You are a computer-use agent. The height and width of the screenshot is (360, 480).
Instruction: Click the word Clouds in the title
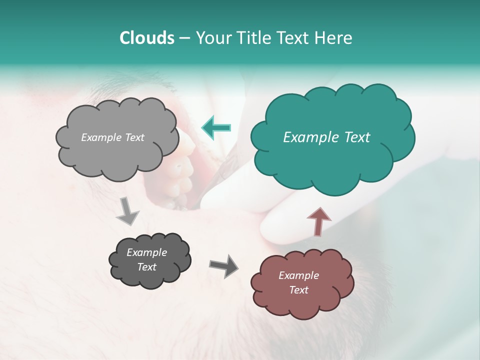pyautogui.click(x=147, y=38)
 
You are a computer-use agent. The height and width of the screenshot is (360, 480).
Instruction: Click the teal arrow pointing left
pyautogui.click(x=216, y=127)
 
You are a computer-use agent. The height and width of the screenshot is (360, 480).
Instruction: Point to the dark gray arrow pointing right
pyautogui.click(x=223, y=265)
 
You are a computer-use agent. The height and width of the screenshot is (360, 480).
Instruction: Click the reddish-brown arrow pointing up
pyautogui.click(x=318, y=221)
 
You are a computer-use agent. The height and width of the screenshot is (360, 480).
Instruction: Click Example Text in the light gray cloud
pyautogui.click(x=112, y=137)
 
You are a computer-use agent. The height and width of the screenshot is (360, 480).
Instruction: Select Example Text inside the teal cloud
pyautogui.click(x=326, y=137)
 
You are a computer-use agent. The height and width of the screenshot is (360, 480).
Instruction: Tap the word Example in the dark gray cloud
pyautogui.click(x=146, y=252)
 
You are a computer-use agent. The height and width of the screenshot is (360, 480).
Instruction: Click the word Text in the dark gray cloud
pyautogui.click(x=146, y=267)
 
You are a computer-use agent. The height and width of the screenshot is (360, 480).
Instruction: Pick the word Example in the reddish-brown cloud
pyautogui.click(x=298, y=275)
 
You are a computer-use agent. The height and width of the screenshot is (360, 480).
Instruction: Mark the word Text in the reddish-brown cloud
pyautogui.click(x=298, y=290)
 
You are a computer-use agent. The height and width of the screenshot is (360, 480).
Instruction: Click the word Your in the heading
pyautogui.click(x=212, y=38)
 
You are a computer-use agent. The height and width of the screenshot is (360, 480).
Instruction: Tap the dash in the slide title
pyautogui.click(x=184, y=38)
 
